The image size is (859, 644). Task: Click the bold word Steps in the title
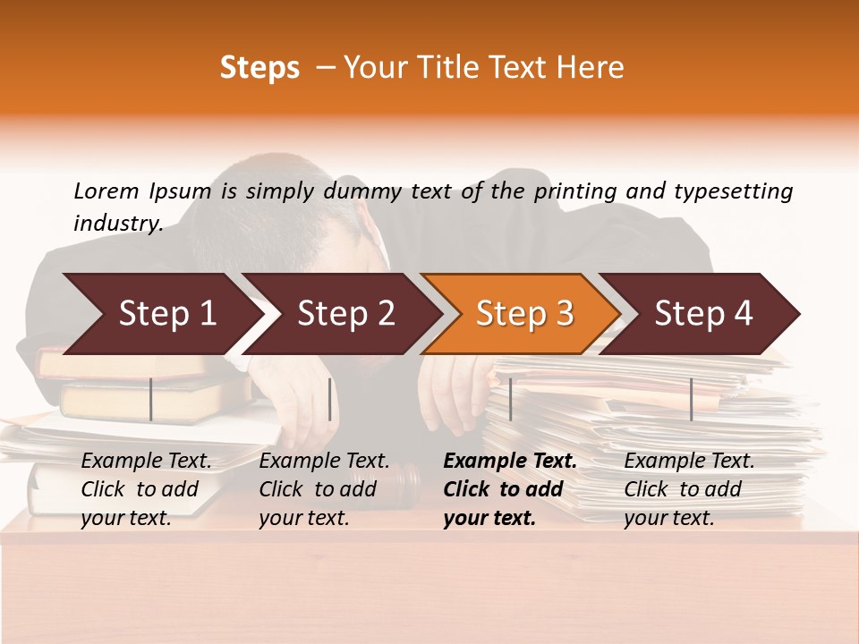259,68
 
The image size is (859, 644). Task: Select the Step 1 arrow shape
161,314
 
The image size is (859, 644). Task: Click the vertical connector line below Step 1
151,399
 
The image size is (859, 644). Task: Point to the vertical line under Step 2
330,399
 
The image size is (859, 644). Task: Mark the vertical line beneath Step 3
510,399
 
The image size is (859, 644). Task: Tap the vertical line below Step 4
691,399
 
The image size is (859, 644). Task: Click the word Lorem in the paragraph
106,191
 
